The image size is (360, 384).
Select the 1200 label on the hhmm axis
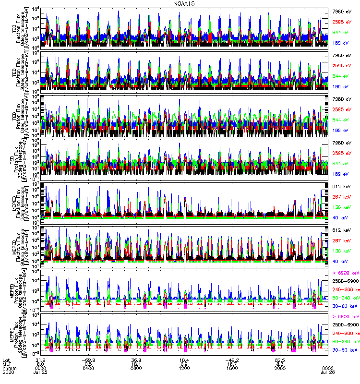pos(184,368)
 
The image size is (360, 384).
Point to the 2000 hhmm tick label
pos(279,368)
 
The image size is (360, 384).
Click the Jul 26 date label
pos(327,372)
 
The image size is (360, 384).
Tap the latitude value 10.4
pos(184,360)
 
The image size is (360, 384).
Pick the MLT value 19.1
pos(136,364)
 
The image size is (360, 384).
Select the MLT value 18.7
pos(232,364)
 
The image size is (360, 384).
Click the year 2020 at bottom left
pos(9,372)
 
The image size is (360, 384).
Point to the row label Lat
pos(7,360)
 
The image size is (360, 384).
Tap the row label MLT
pos(7,364)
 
